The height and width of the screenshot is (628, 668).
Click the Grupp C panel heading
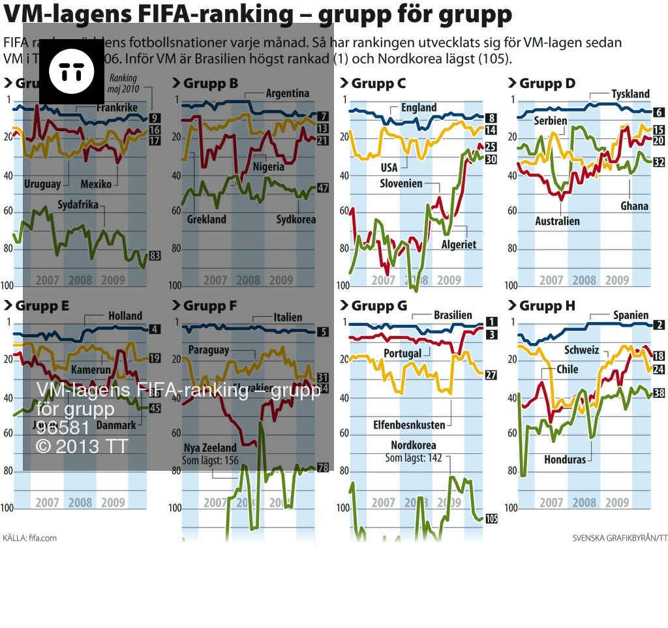378,83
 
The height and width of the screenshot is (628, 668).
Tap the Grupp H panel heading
547,305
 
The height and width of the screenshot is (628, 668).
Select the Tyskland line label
630,94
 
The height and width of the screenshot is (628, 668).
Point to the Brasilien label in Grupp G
453,315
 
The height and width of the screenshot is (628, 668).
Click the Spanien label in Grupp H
631,315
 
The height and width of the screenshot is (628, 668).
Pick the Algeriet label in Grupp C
459,245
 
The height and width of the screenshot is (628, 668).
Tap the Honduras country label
565,459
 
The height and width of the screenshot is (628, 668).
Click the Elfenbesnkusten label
409,425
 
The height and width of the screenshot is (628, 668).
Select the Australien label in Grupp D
557,221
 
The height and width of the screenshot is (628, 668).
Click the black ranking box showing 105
491,518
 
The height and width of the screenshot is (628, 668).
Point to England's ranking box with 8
491,118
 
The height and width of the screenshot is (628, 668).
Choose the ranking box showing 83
155,256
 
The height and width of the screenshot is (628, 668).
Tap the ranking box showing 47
322,188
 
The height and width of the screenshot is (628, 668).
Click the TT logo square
72,72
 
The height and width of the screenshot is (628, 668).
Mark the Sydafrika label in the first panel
78,205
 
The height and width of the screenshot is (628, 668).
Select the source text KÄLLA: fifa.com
30,538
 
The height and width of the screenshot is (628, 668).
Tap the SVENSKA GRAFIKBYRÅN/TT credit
620,538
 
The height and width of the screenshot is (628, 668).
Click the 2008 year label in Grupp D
584,280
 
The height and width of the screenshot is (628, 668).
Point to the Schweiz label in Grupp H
582,350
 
